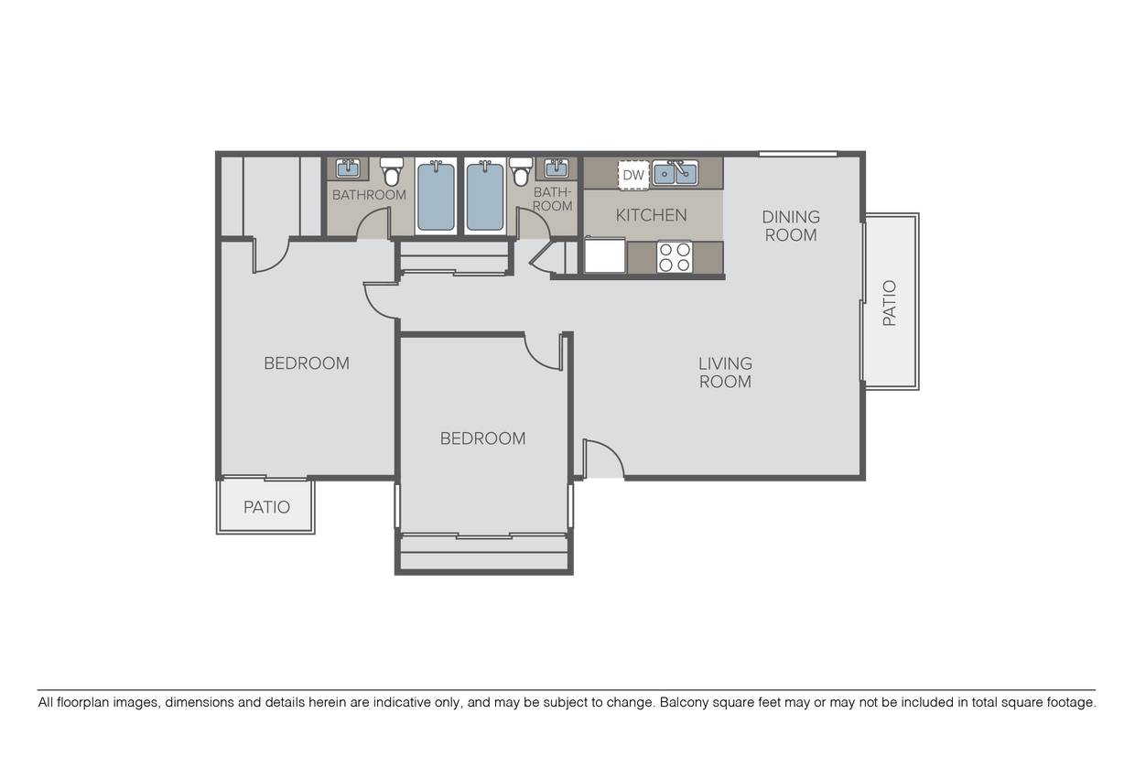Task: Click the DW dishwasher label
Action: point(633,174)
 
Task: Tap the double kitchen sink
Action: point(675,172)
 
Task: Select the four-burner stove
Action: point(676,256)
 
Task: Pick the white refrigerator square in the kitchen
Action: point(604,255)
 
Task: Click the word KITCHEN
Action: point(651,216)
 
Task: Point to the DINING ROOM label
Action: point(791,225)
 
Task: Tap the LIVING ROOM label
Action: point(725,373)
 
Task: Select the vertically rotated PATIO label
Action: point(890,303)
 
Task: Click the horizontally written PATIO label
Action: point(266,507)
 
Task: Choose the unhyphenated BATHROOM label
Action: point(369,195)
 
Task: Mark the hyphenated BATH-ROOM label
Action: point(553,199)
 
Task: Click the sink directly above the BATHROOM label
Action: point(348,168)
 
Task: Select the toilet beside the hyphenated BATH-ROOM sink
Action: point(521,171)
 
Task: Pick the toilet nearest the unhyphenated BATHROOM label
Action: point(392,171)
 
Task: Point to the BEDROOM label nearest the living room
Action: point(482,438)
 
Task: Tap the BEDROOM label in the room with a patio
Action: point(307,363)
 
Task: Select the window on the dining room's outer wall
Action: point(797,154)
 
